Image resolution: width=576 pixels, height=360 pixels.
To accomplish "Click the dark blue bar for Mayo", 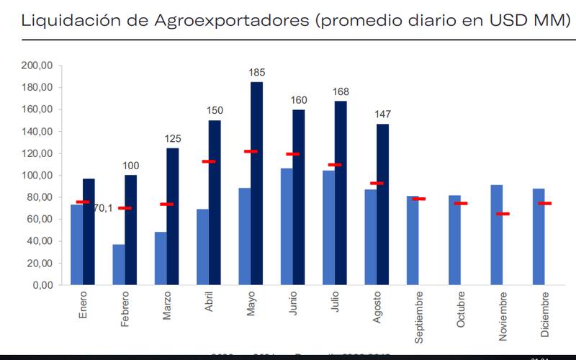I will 256,184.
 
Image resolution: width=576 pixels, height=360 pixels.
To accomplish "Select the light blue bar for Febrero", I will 119,264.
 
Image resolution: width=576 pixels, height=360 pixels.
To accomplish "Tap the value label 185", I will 257,73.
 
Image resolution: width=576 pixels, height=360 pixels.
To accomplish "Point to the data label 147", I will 382,114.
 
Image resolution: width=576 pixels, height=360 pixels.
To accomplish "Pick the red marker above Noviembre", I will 503,214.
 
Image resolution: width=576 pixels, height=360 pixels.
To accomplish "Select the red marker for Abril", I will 209,161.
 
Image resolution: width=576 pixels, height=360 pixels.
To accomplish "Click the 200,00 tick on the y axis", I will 38,66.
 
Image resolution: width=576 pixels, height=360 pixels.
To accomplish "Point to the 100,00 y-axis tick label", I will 38,175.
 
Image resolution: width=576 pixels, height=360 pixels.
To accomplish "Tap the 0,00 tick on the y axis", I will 43,284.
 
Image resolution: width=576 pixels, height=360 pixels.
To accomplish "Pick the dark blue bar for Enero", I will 89,231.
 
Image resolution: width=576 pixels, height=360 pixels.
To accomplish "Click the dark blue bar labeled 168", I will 340,192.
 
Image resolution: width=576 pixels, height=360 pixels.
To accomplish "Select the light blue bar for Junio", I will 286,226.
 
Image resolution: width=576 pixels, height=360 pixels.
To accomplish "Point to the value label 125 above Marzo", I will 173,138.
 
